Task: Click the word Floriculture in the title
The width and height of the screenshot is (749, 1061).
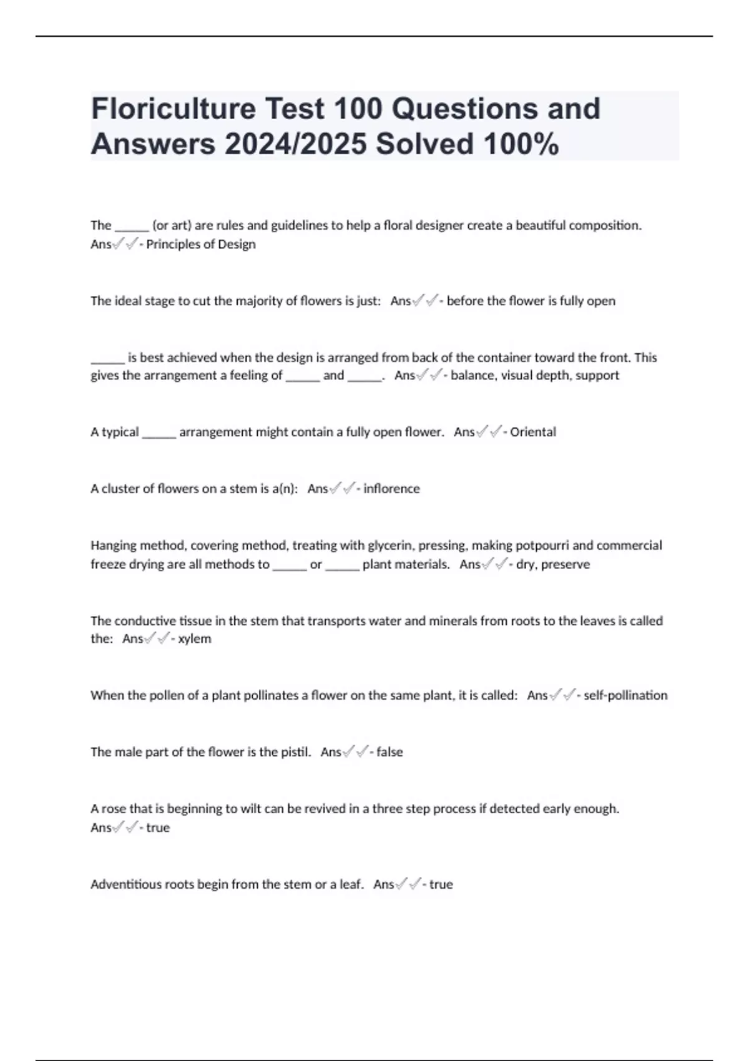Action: [x=174, y=109]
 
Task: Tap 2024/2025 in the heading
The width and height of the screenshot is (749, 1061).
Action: [x=296, y=144]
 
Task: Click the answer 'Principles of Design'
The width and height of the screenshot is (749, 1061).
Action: [x=200, y=244]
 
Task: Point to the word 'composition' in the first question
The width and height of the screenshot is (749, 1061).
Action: [x=609, y=225]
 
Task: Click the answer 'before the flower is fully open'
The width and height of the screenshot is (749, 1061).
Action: [x=531, y=301]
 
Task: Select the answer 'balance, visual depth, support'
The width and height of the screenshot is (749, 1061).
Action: [x=535, y=375]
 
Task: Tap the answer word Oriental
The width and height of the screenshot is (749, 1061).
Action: [x=532, y=432]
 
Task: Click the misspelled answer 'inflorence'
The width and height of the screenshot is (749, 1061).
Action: [x=391, y=489]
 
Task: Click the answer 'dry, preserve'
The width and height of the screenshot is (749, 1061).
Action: [x=552, y=564]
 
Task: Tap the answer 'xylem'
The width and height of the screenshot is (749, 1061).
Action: [x=194, y=638]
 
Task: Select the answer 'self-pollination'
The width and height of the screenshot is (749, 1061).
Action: [x=625, y=695]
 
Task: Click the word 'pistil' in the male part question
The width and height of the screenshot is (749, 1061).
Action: [x=294, y=752]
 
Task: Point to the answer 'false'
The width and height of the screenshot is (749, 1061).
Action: [x=389, y=752]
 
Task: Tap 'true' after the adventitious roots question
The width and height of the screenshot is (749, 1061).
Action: [x=441, y=884]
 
